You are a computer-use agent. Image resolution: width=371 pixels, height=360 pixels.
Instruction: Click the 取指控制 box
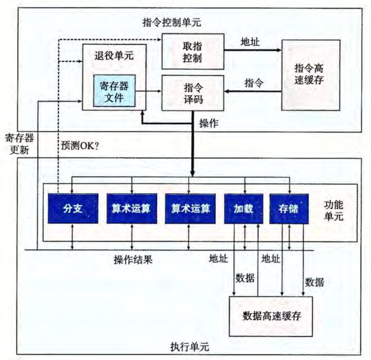[193, 51]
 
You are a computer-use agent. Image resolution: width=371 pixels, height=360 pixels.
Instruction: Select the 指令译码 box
[193, 93]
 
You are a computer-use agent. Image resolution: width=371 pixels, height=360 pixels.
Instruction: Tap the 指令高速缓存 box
[311, 75]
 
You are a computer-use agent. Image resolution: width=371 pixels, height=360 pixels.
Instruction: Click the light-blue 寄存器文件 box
[114, 91]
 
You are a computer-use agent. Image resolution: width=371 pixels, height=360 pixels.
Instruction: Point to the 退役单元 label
[114, 56]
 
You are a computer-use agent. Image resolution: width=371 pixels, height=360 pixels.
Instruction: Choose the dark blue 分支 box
[73, 208]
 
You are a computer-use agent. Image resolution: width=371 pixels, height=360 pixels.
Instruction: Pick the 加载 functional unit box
[244, 208]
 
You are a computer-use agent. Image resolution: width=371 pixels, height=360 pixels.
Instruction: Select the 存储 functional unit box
[289, 208]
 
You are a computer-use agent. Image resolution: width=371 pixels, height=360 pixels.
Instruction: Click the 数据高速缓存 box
[271, 316]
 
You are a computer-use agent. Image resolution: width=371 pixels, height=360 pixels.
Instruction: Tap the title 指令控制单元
[172, 22]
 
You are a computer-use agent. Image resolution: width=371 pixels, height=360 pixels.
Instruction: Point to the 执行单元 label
[190, 347]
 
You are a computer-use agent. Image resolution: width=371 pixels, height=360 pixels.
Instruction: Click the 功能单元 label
[334, 210]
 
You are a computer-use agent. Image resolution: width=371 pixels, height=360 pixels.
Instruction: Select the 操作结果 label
[133, 259]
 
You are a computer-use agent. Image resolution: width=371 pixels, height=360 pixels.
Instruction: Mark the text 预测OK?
[80, 146]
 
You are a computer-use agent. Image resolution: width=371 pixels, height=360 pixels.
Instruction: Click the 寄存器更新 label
[19, 144]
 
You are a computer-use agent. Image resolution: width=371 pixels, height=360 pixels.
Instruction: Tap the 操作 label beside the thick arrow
[209, 123]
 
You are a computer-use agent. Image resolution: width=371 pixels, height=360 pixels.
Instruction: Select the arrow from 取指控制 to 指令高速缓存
[253, 50]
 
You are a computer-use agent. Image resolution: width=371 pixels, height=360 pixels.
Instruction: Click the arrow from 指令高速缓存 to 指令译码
[253, 91]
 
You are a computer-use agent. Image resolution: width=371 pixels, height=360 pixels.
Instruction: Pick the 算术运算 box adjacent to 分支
[132, 208]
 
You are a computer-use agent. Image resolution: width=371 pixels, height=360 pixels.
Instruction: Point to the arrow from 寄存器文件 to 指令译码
[148, 91]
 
